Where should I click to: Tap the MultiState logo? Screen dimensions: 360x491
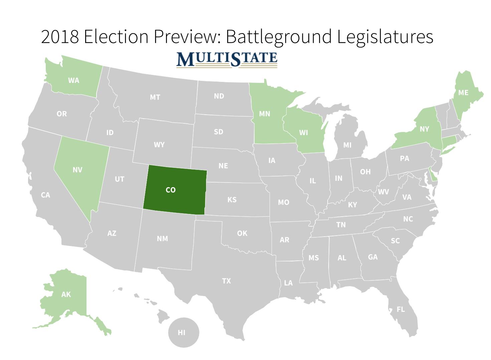[227, 59]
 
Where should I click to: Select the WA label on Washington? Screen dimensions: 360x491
[73, 81]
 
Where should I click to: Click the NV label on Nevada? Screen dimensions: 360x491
[77, 170]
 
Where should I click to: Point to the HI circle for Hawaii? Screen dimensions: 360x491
[183, 333]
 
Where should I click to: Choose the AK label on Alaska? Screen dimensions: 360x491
[66, 294]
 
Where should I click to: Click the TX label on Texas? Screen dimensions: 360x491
[226, 281]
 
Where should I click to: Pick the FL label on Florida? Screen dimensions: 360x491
[400, 309]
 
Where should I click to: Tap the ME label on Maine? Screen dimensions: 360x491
[463, 93]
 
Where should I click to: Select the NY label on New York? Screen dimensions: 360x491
[424, 129]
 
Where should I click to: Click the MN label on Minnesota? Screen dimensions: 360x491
[265, 114]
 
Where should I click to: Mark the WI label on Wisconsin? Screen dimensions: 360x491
[303, 133]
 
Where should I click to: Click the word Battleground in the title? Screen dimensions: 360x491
[279, 36]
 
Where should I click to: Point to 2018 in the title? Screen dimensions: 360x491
[60, 36]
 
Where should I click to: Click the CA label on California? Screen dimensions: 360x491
[45, 195]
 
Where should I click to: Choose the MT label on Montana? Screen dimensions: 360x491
[155, 97]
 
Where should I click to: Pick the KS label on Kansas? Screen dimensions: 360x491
[232, 200]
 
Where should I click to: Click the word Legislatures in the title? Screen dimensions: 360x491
[385, 36]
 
